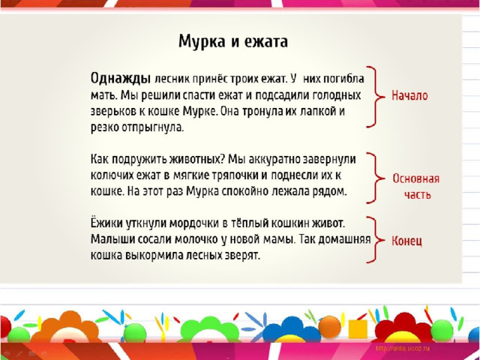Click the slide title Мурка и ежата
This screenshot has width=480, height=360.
233,41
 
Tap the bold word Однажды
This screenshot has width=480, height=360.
121,79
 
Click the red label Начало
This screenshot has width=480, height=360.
409,95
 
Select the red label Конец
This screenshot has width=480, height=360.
406,241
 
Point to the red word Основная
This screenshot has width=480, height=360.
416,178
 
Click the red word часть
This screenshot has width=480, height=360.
418,195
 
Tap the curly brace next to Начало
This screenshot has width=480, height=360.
375,97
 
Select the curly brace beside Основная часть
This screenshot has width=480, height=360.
375,178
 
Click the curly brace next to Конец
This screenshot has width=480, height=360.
375,240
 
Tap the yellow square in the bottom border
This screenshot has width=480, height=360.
358,329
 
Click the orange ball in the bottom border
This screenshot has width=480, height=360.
330,327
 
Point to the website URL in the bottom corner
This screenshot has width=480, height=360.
403,348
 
